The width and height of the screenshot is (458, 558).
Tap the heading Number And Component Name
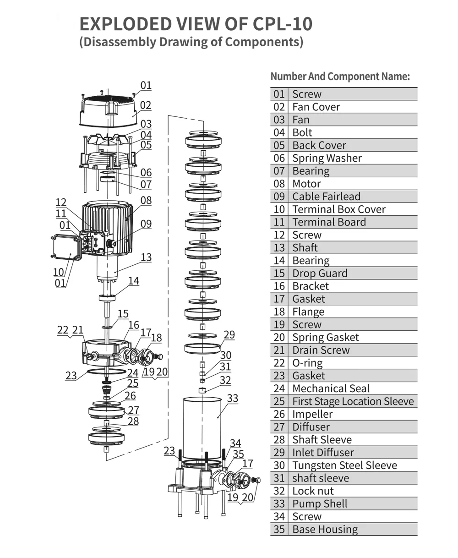[x=340, y=77]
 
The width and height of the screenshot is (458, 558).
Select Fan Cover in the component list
[x=316, y=107]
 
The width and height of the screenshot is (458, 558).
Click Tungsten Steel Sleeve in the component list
[x=344, y=466]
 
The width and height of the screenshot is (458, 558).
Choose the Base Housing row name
[x=325, y=530]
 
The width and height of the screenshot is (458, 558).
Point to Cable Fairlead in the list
[x=326, y=197]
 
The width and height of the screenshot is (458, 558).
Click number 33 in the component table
[x=279, y=504]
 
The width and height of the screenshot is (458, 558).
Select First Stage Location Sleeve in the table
[x=353, y=402]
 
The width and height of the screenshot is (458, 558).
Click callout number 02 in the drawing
[x=145, y=105]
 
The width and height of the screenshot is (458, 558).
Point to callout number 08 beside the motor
[x=146, y=201]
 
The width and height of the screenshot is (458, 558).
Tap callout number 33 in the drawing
[x=233, y=398]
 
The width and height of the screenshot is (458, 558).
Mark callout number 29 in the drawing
[x=229, y=335]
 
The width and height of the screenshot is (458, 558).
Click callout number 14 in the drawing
[x=133, y=281]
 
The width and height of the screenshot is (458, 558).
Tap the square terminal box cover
[x=66, y=248]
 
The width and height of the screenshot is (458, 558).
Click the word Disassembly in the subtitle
[x=120, y=42]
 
